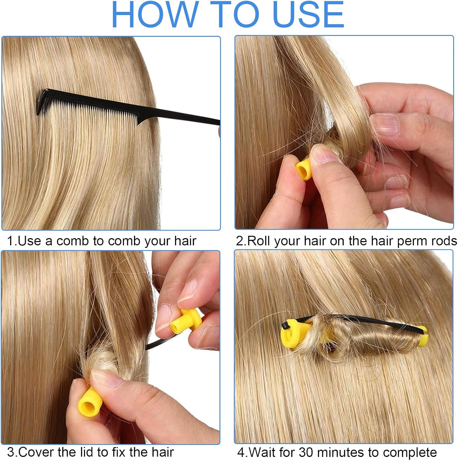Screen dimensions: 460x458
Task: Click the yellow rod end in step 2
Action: [x=304, y=169]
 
